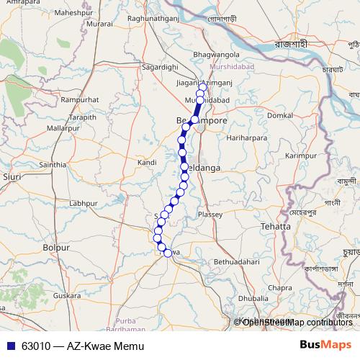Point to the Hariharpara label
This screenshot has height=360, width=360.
pyautogui.click(x=246, y=137)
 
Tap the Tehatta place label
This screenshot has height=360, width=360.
pyautogui.click(x=277, y=226)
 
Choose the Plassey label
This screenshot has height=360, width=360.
pyautogui.click(x=212, y=215)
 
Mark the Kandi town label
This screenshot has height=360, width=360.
pyautogui.click(x=147, y=163)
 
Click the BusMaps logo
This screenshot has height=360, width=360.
pyautogui.click(x=325, y=346)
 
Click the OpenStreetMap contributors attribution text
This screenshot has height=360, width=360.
pyautogui.click(x=297, y=323)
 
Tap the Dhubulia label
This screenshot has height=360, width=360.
pyautogui.click(x=253, y=297)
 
